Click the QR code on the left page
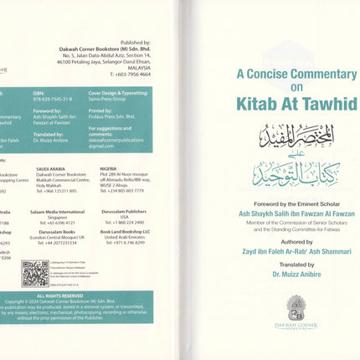click(35, 273)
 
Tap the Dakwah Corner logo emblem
click(296, 309)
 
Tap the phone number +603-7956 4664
click(126, 74)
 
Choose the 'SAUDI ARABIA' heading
click(49, 167)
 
